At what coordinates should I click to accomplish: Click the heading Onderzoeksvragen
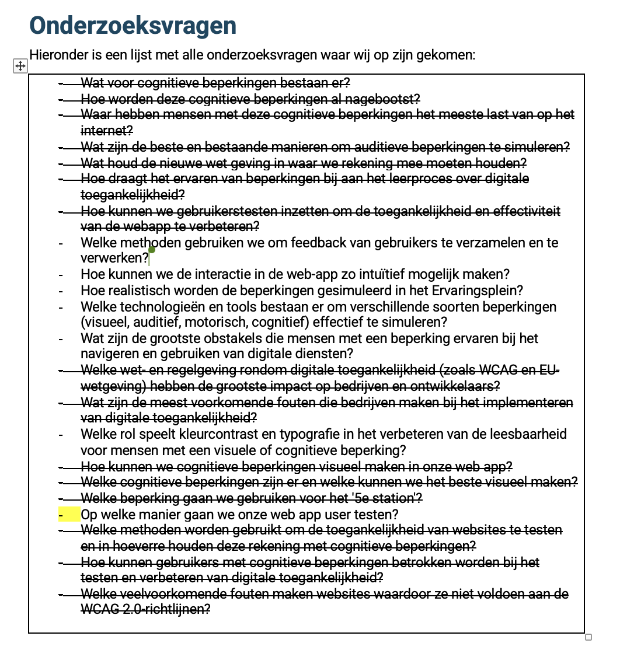click(x=133, y=26)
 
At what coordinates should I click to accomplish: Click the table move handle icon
click(x=20, y=66)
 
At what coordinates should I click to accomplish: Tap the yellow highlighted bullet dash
click(x=69, y=515)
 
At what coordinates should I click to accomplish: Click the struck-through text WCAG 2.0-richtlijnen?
click(x=145, y=610)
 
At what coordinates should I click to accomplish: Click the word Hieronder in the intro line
click(x=58, y=55)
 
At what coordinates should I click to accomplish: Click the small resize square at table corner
click(x=588, y=637)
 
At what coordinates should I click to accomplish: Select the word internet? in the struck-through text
click(x=107, y=130)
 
